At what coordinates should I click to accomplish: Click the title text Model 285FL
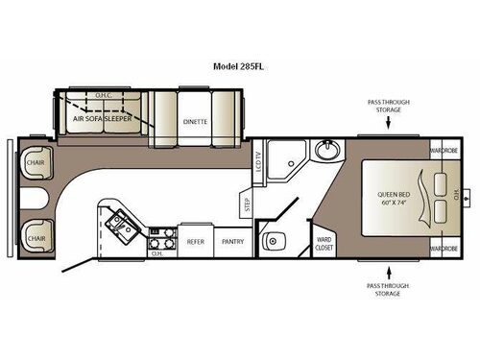[x=239, y=68]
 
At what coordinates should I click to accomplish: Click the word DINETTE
[x=197, y=122]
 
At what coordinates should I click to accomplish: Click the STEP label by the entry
[x=247, y=204]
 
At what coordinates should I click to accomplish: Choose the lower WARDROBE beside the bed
[x=443, y=248]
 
